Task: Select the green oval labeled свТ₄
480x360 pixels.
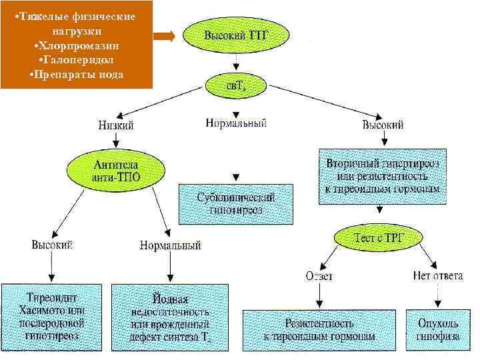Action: tap(235, 84)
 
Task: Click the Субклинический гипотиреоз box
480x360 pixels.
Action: tap(235, 203)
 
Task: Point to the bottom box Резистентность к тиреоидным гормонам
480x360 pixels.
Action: tap(320, 329)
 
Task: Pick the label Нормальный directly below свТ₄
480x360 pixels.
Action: tap(237, 123)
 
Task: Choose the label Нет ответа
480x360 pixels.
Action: tap(437, 275)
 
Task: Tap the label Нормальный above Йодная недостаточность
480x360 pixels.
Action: tap(170, 245)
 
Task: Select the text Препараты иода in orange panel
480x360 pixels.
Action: tap(78, 73)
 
